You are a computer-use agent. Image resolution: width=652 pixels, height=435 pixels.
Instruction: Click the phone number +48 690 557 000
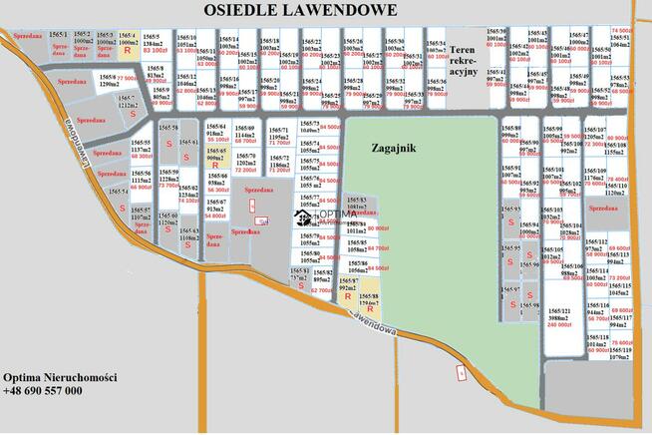click(44, 391)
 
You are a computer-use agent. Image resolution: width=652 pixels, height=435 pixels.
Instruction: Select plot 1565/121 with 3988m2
click(559, 317)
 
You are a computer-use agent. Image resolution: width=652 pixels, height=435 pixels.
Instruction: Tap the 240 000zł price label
click(559, 324)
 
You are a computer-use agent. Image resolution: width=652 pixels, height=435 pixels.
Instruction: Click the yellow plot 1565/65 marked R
click(215, 160)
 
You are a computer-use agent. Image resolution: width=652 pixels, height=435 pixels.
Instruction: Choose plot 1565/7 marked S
click(132, 107)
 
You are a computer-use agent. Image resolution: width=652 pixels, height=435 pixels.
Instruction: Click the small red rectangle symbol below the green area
click(461, 372)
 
